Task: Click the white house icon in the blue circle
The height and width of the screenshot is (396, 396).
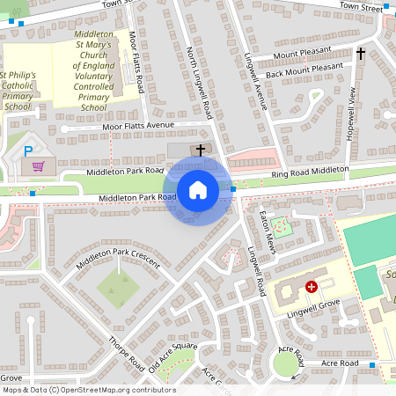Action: pyautogui.click(x=198, y=189)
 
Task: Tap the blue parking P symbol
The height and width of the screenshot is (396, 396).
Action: pyautogui.click(x=28, y=150)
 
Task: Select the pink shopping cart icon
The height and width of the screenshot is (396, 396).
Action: pyautogui.click(x=38, y=165)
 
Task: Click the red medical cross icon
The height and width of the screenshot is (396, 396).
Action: pyautogui.click(x=311, y=287)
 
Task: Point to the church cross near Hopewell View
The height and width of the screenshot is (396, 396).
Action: pyautogui.click(x=360, y=55)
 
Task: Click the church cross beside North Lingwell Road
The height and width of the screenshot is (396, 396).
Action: pyautogui.click(x=201, y=150)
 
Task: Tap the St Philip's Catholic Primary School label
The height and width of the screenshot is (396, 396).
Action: pyautogui.click(x=18, y=91)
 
